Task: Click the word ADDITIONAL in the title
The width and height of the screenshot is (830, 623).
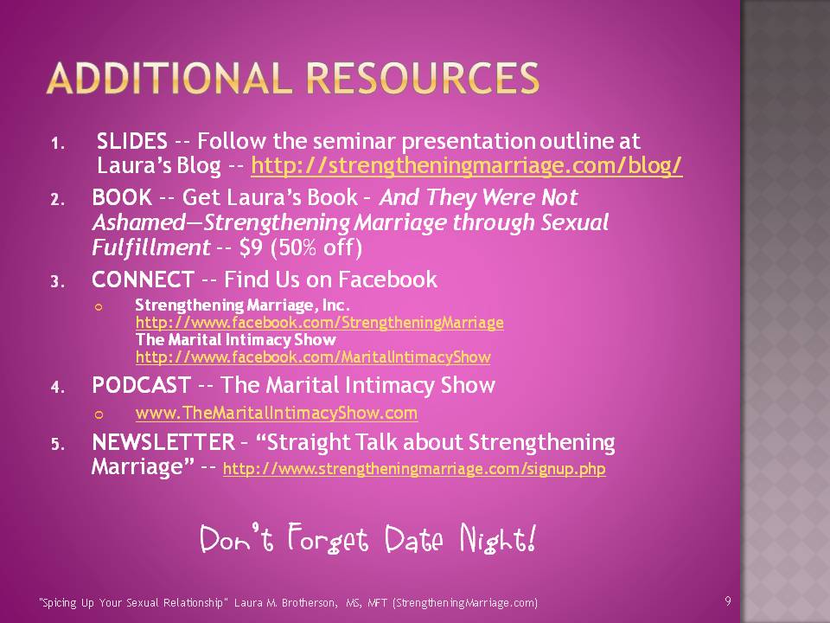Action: (x=169, y=79)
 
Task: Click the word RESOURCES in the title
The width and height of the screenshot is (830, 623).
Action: (x=423, y=79)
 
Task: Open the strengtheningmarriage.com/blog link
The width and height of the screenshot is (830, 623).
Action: (x=466, y=166)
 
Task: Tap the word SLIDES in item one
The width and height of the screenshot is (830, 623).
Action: (x=131, y=141)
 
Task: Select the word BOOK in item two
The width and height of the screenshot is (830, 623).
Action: (x=122, y=197)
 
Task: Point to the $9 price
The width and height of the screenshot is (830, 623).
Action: (x=251, y=247)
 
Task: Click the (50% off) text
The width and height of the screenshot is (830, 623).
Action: (x=316, y=247)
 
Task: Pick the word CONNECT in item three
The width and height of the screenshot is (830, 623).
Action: (x=143, y=279)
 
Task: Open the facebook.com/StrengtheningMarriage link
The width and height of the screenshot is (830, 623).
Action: (x=320, y=323)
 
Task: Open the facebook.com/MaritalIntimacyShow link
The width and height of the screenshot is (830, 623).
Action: (x=313, y=357)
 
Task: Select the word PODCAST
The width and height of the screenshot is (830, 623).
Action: (x=141, y=385)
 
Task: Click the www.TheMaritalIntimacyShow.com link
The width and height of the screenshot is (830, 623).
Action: (x=277, y=413)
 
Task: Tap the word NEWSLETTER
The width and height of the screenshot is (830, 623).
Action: (x=163, y=442)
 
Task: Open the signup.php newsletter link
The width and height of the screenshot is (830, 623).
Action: (x=414, y=469)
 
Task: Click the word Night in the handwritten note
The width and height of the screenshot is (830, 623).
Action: (x=498, y=538)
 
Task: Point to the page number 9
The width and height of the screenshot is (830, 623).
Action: (x=728, y=601)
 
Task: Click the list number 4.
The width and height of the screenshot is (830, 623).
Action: (x=57, y=388)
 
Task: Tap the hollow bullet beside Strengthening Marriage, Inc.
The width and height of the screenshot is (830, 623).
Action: (x=99, y=307)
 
